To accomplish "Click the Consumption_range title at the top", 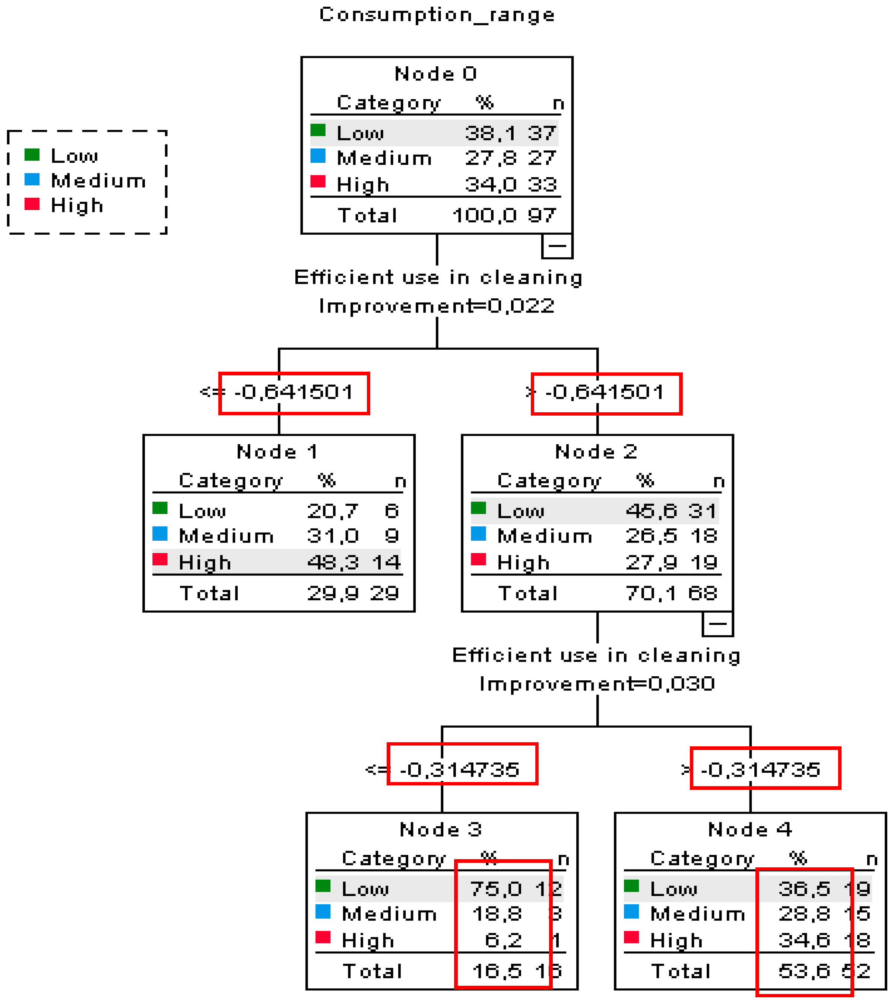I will pyautogui.click(x=437, y=15).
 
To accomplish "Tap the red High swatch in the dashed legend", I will pyautogui.click(x=32, y=204).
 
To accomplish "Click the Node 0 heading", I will pyautogui.click(x=436, y=74).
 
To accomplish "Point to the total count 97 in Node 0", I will pyautogui.click(x=542, y=215).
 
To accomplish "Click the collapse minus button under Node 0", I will pyautogui.click(x=557, y=245).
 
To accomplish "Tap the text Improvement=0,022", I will pyautogui.click(x=437, y=305).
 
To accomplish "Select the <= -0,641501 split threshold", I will pyautogui.click(x=278, y=392).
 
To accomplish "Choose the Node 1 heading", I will pyautogui.click(x=278, y=451).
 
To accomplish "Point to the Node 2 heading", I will pyautogui.click(x=596, y=451).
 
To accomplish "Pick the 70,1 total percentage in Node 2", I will pyautogui.click(x=651, y=593).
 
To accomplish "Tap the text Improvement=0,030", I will pyautogui.click(x=597, y=683).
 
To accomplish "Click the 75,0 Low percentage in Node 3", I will pyautogui.click(x=495, y=889).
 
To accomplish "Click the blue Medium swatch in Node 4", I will pyautogui.click(x=631, y=912).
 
